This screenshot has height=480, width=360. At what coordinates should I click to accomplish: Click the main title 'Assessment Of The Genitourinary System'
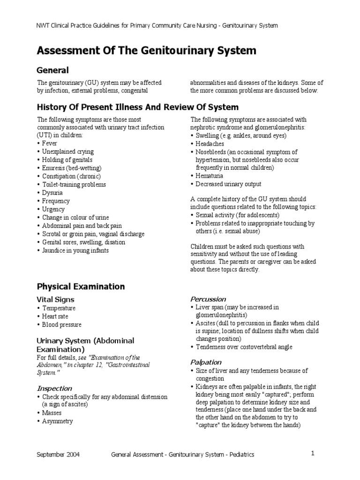pos(147,50)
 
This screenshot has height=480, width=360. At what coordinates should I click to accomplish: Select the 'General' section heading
pos(53,70)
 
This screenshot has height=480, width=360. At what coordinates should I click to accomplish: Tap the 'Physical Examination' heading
pos(81,286)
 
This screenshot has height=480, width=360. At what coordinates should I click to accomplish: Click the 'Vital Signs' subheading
pos(55,299)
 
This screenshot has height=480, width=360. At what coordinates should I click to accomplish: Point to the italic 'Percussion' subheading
pos(208,299)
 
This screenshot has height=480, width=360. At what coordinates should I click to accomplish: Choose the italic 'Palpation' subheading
pos(206,362)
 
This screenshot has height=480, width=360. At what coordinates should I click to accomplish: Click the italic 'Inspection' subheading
pos(54,388)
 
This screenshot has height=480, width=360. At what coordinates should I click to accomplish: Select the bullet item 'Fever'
pos(49,143)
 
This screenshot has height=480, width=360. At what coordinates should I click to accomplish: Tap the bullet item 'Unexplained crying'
pos(68,152)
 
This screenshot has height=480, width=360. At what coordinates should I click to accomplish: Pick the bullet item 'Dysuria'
pos(52,193)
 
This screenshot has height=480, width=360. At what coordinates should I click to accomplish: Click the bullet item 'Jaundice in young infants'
pos(75,250)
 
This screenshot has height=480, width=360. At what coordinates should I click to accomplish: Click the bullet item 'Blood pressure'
pos(62,324)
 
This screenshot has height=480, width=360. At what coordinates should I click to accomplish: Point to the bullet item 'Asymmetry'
pos(58,421)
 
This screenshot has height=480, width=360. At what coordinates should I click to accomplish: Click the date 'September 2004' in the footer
pos(59,455)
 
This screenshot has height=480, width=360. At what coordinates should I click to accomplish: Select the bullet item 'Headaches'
pos(210,144)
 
